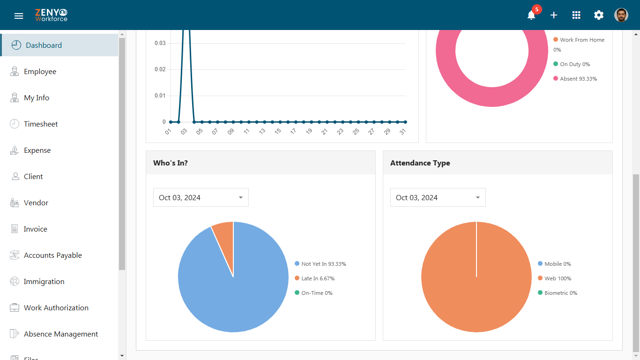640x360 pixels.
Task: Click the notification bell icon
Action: click(531, 15)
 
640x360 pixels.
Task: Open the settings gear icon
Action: click(599, 15)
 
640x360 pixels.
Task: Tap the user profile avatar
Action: click(621, 15)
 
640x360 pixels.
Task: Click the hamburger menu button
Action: click(19, 16)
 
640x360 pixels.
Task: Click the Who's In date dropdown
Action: click(201, 197)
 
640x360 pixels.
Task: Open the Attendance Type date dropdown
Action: click(438, 197)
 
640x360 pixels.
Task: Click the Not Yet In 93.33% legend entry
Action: click(320, 263)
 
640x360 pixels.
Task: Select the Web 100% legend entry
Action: click(554, 278)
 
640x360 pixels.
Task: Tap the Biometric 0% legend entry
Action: click(558, 293)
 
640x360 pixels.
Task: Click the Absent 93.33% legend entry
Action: click(575, 79)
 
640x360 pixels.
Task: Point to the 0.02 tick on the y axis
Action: click(160, 69)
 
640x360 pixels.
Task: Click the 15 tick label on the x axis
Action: click(277, 131)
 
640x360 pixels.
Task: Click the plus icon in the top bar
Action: click(554, 15)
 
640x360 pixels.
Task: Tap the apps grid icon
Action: click(576, 15)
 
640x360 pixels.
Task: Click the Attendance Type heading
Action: click(420, 163)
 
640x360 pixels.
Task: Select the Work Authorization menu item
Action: click(49, 307)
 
